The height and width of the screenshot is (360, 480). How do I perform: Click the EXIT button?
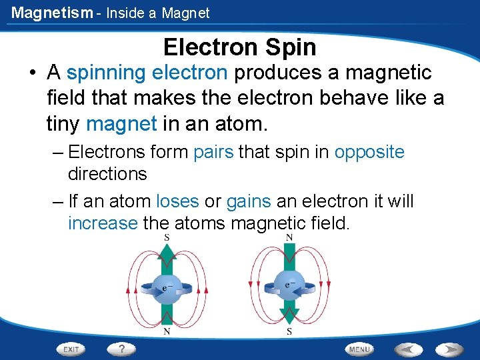click(x=71, y=349)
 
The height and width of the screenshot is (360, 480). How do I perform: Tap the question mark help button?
click(x=121, y=349)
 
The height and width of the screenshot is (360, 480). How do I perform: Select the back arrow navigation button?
click(x=408, y=349)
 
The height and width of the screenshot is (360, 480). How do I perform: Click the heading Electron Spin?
click(x=239, y=47)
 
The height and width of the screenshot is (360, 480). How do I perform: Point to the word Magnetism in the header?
click(x=52, y=13)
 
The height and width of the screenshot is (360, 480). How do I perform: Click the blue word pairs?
click(x=213, y=152)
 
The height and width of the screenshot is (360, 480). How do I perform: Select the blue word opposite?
click(x=369, y=152)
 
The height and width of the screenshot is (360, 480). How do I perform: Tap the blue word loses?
click(x=177, y=201)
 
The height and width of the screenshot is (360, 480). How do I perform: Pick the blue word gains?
click(x=249, y=201)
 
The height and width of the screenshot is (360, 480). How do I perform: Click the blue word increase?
click(x=103, y=223)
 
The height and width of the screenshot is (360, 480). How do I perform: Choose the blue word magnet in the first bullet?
click(x=121, y=123)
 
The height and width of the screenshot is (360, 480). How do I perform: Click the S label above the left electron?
click(x=166, y=238)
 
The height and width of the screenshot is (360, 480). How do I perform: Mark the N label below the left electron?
click(x=166, y=331)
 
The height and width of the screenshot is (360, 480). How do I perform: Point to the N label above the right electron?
click(x=289, y=238)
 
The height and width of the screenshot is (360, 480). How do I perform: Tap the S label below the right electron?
click(x=289, y=331)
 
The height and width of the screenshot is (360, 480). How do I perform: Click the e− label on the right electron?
click(x=291, y=285)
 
